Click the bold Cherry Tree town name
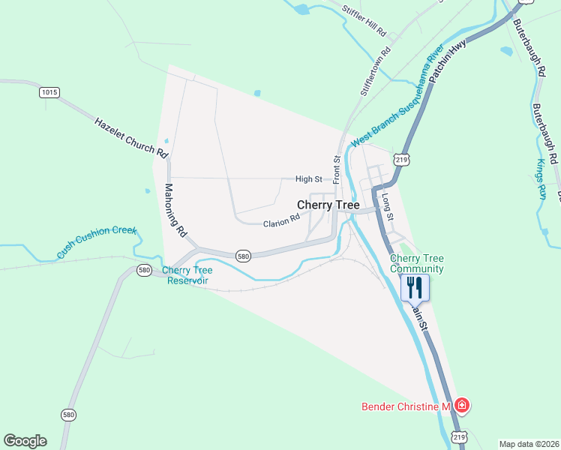pyautogui.click(x=328, y=205)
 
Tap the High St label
pyautogui.click(x=308, y=179)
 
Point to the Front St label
pyautogui.click(x=337, y=169)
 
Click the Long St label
pyautogui.click(x=387, y=207)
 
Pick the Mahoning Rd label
pyautogui.click(x=175, y=211)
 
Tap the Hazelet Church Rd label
pyautogui.click(x=131, y=136)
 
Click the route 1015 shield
pyautogui.click(x=49, y=92)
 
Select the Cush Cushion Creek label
pyautogui.click(x=97, y=242)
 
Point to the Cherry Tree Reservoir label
pyautogui.click(x=187, y=275)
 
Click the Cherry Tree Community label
pyautogui.click(x=416, y=263)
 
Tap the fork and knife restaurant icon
pyautogui.click(x=415, y=287)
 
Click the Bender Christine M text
pyautogui.click(x=405, y=406)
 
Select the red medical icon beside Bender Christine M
pyautogui.click(x=461, y=406)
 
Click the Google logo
pyautogui.click(x=25, y=441)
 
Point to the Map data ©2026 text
pyautogui.click(x=529, y=444)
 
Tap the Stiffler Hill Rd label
pyautogui.click(x=363, y=22)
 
